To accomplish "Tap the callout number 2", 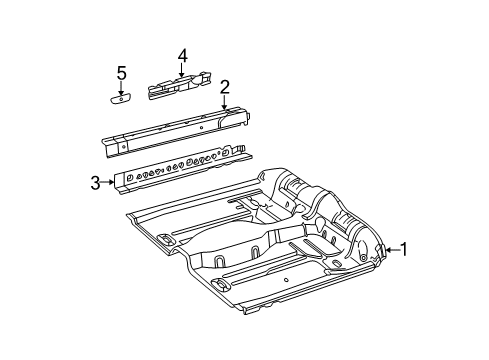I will click(226, 86).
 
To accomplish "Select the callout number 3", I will click(95, 182).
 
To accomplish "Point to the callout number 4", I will click(182, 55).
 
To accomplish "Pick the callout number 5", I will click(121, 72).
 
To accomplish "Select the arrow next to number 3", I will click(107, 182).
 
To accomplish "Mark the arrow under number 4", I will click(182, 71).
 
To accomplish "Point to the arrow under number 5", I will click(121, 87).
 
